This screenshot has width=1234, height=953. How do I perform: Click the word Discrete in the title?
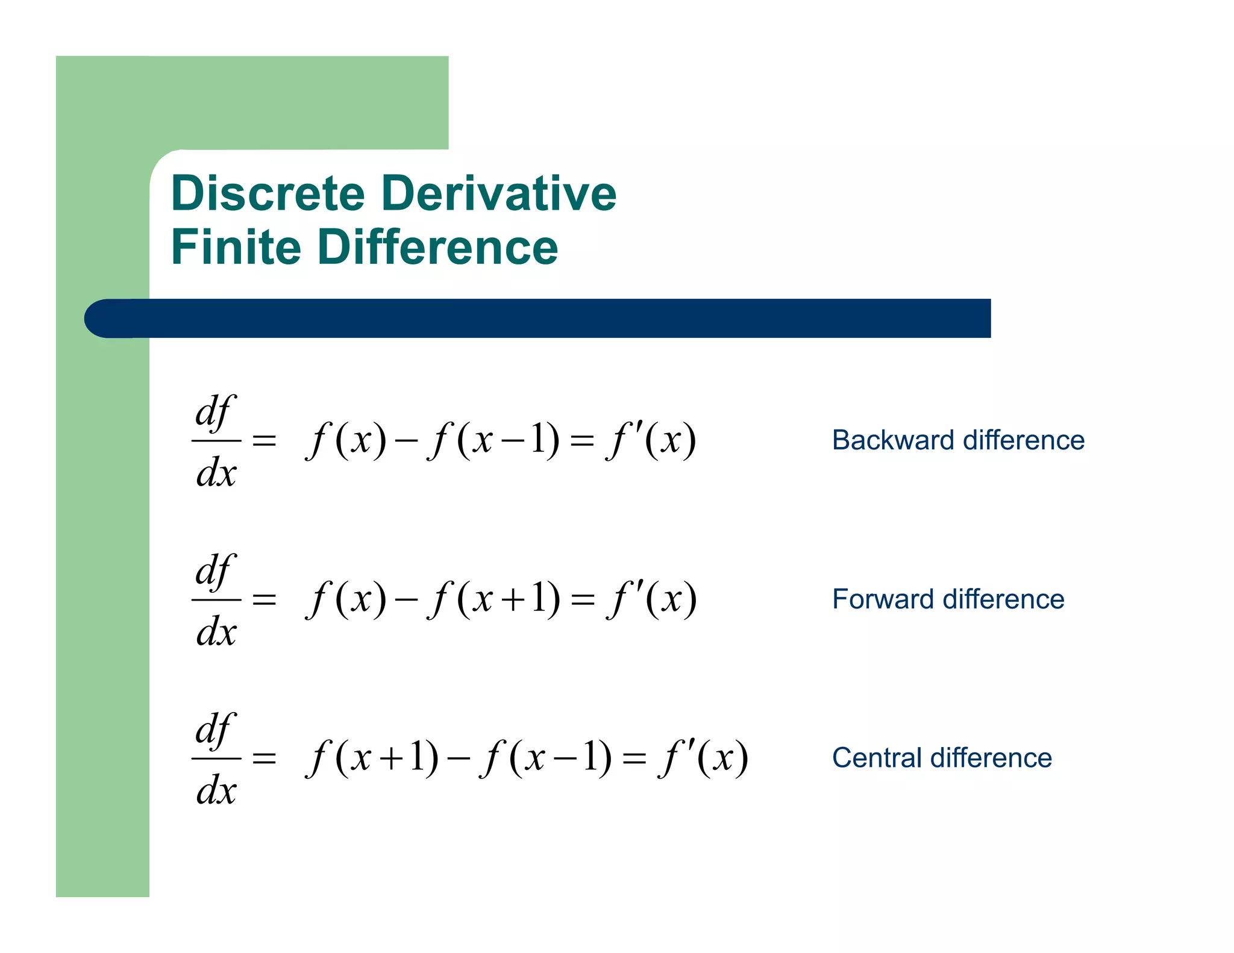(268, 193)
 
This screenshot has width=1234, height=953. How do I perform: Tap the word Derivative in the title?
(499, 193)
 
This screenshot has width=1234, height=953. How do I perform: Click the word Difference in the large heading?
(438, 247)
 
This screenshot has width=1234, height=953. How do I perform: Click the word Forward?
(883, 599)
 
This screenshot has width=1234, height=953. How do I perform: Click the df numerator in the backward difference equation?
(215, 413)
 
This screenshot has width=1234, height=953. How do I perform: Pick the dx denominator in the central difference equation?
(216, 790)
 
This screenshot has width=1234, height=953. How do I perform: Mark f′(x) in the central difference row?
(704, 757)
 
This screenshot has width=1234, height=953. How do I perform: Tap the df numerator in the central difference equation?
(215, 731)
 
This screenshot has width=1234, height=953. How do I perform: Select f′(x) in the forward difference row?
(653, 599)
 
